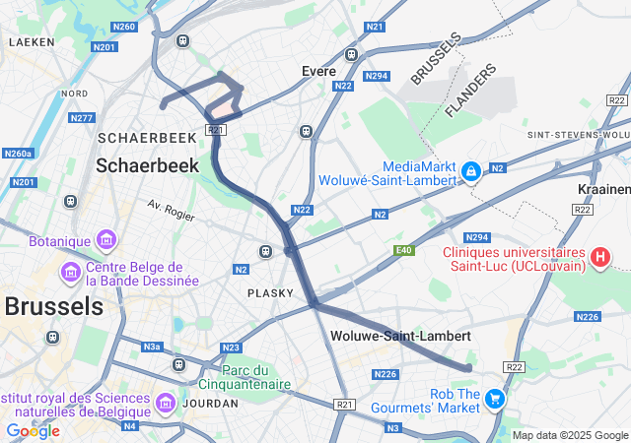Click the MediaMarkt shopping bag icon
(471, 171)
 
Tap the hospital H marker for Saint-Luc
(599, 258)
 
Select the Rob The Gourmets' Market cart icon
(495, 399)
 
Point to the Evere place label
(319, 71)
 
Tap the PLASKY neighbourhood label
(270, 292)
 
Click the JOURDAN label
(210, 403)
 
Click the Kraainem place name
(602, 188)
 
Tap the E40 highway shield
(402, 251)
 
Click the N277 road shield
(82, 118)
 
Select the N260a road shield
(18, 154)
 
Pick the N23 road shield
(231, 348)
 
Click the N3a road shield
(151, 347)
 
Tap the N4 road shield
(130, 426)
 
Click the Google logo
(33, 431)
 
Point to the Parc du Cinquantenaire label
(256, 377)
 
